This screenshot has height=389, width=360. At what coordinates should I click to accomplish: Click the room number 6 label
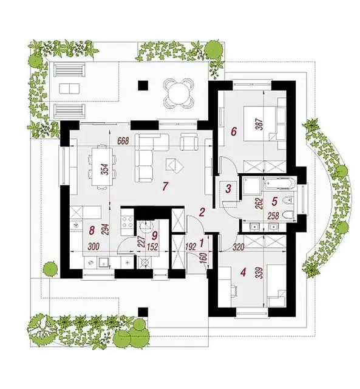tap(234, 131)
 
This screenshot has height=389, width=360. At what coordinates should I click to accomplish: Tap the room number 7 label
tap(165, 186)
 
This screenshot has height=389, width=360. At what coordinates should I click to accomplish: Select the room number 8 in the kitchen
tap(92, 230)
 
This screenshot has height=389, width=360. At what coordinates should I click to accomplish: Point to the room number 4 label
tap(243, 272)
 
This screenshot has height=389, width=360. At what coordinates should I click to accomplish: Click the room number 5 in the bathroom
tap(274, 201)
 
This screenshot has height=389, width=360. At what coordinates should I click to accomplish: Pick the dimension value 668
tap(123, 141)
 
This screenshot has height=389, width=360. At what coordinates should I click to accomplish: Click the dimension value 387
tap(259, 124)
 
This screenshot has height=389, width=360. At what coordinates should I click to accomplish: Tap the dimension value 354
tap(106, 170)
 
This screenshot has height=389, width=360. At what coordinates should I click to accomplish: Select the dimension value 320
tap(239, 247)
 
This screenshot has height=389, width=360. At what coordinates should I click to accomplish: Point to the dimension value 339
tap(260, 273)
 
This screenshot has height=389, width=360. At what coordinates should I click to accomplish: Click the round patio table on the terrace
tap(178, 93)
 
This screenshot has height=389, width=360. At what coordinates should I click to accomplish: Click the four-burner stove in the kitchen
tap(127, 222)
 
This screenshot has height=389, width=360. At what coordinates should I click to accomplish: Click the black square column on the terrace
tap(143, 86)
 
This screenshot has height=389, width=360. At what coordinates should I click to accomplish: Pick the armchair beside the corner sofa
tap(189, 142)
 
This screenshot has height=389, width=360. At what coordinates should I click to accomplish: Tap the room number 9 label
tap(154, 236)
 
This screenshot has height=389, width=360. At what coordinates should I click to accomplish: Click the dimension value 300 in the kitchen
tap(93, 247)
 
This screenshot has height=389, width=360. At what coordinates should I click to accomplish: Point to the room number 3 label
tap(228, 188)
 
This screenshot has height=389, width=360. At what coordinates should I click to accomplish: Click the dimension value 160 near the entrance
tap(204, 259)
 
